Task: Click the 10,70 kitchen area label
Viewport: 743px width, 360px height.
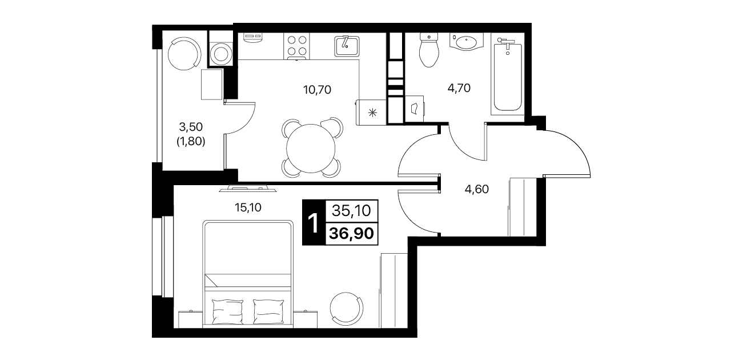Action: [317, 90]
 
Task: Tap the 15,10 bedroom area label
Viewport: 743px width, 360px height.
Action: [248, 207]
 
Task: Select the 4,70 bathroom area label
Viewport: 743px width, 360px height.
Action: [459, 88]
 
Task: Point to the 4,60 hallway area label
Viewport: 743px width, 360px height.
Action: [477, 189]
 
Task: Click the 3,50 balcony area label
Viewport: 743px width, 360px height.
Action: [191, 126]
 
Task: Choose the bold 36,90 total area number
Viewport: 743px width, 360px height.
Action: [351, 233]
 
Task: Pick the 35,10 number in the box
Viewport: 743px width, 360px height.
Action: [351, 210]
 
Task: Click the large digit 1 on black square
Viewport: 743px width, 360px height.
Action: [314, 223]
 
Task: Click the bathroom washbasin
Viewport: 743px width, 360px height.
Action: [467, 42]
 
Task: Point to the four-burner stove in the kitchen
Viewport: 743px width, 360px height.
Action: [297, 46]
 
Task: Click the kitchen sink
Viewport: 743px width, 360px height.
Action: [347, 46]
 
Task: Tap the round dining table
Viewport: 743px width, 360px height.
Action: [311, 149]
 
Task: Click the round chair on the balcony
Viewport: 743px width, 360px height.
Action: [184, 53]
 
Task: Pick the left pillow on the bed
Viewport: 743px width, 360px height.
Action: [227, 311]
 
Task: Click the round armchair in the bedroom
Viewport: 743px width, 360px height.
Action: [346, 309]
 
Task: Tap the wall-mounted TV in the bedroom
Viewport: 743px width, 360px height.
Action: [248, 189]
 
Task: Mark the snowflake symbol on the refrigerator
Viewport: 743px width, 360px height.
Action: [373, 113]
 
